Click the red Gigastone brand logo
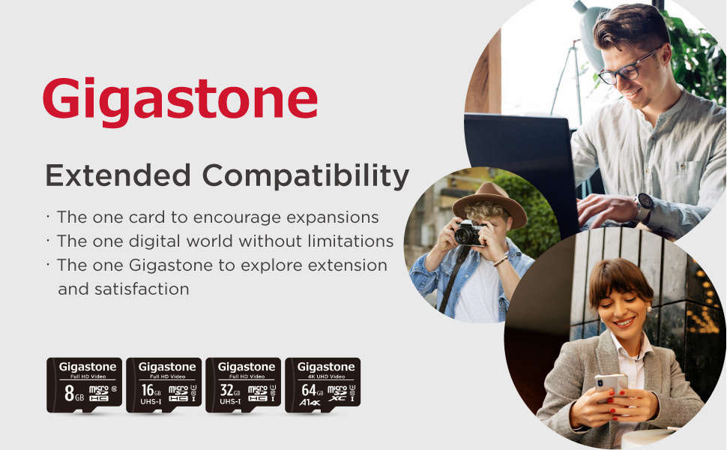click(x=180, y=100)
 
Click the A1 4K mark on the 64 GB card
click(x=309, y=402)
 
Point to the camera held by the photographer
click(x=469, y=234)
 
